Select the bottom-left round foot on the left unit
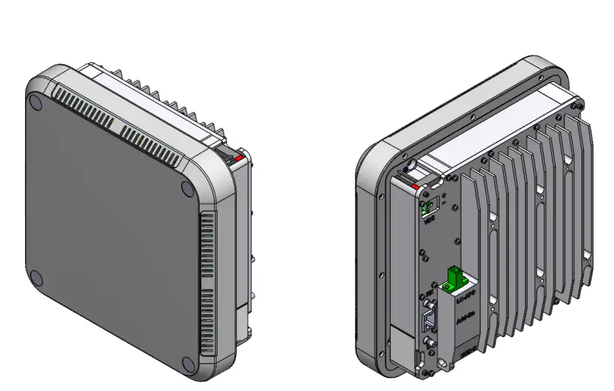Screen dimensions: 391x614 [38, 276]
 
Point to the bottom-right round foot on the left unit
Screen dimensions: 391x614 [188, 364]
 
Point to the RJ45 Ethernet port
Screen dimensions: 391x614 [429, 321]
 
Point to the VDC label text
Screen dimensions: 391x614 [428, 221]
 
